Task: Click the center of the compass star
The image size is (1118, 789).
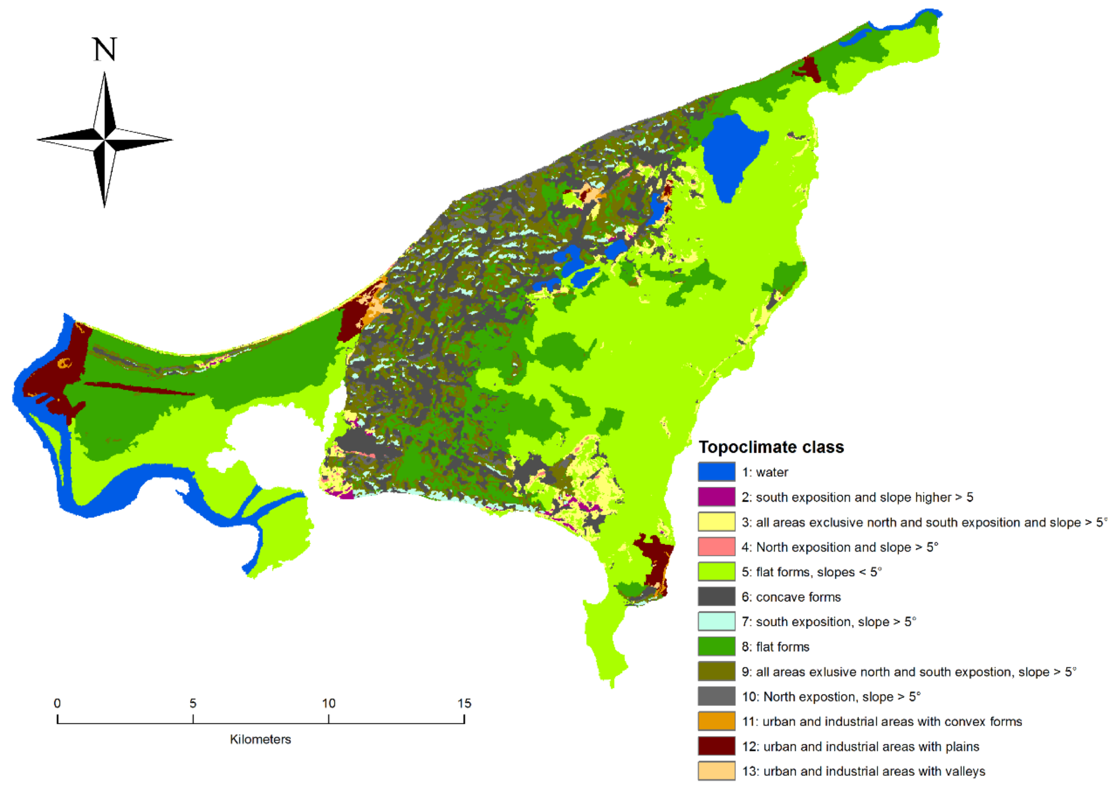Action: (x=104, y=140)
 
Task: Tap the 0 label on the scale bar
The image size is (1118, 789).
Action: (x=57, y=703)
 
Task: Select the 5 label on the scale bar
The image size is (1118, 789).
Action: (x=193, y=703)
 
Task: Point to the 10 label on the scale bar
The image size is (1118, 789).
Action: (x=329, y=703)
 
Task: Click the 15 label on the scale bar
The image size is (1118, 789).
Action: (x=464, y=703)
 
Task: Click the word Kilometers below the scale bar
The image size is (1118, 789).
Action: (x=261, y=739)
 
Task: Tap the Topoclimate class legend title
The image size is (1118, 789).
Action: (x=771, y=447)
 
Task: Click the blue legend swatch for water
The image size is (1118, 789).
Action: (x=716, y=472)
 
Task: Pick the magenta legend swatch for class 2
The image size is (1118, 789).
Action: (x=716, y=497)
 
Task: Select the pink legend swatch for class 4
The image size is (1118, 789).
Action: (x=716, y=546)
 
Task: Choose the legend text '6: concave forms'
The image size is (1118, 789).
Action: (x=791, y=597)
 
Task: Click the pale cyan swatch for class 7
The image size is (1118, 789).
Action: (x=716, y=621)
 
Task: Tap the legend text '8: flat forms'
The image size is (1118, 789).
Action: (x=776, y=647)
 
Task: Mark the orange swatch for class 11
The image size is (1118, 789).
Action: (x=716, y=721)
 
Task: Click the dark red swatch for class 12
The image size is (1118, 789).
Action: (x=716, y=746)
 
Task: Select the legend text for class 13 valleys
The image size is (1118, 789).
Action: (x=863, y=771)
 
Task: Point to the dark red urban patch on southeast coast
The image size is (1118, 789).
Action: (x=655, y=561)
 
